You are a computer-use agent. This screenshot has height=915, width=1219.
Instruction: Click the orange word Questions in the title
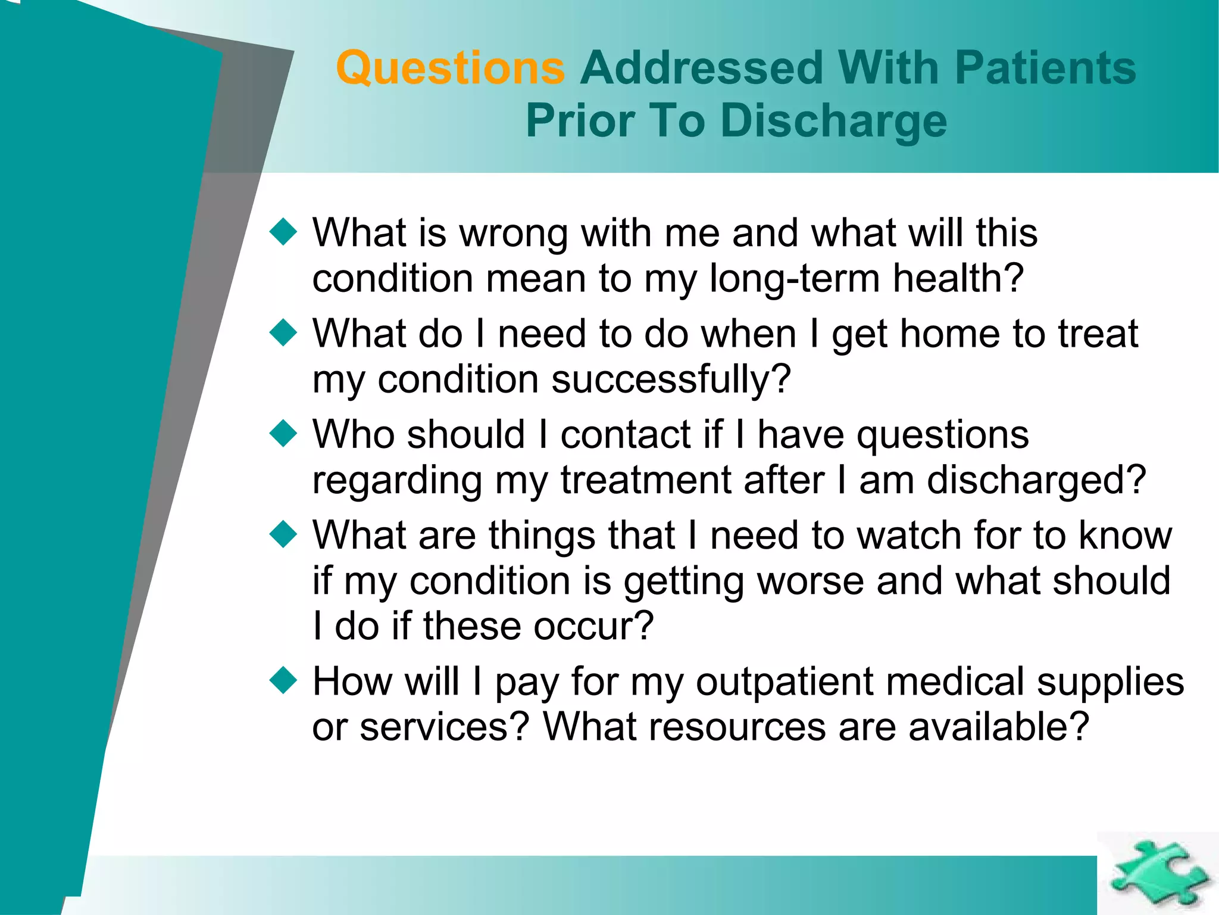[x=450, y=69]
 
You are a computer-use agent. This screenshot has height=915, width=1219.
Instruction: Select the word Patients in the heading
[x=1045, y=69]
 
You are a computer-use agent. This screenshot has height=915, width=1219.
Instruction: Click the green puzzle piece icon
[x=1158, y=873]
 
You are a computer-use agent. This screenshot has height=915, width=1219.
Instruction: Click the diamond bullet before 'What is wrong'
[x=283, y=232]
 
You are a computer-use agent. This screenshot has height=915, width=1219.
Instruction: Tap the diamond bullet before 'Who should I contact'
[x=283, y=434]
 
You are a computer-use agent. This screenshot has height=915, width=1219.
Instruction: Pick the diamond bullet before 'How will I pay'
[x=283, y=680]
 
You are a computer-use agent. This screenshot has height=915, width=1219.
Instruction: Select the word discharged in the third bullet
[x=1036, y=480]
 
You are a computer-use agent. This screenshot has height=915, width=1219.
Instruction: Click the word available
[x=998, y=727]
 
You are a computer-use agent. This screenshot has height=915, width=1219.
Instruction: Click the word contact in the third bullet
[x=625, y=434]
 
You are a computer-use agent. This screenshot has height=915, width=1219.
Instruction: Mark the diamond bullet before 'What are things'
[x=283, y=534]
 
